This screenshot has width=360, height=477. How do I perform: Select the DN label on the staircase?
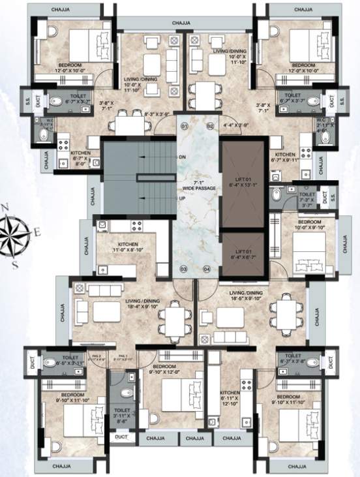pos(183,157)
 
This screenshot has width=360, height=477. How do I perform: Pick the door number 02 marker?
pos(210,125)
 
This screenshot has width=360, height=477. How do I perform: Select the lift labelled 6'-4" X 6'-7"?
pos(243,253)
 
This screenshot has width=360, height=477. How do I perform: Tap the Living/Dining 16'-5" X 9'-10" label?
pos(246,297)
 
